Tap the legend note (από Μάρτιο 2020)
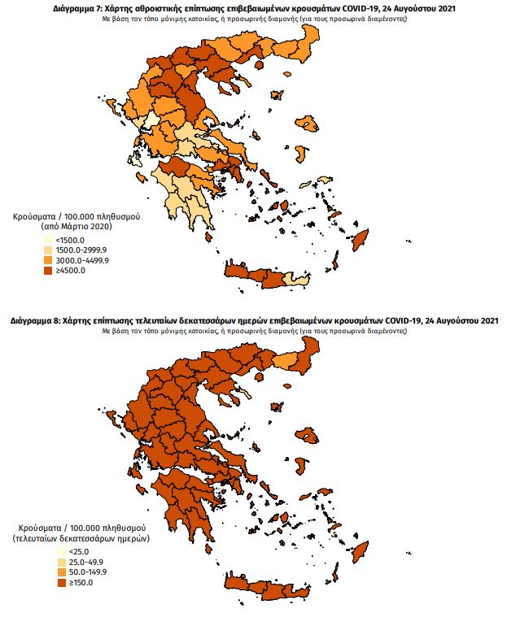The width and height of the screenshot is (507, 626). [x=77, y=228]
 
